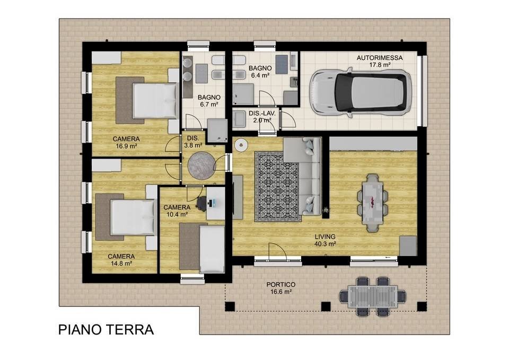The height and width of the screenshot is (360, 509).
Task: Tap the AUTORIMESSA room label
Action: coord(379,58)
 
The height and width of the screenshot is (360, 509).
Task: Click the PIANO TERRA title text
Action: coord(106,330)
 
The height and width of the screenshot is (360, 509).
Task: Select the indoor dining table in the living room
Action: coord(373,200)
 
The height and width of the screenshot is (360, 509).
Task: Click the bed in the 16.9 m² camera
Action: coord(154,101)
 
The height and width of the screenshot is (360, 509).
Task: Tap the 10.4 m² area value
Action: coord(177,214)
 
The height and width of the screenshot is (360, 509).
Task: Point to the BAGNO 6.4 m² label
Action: coord(260,72)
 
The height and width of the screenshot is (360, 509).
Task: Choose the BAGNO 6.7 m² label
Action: coord(208,101)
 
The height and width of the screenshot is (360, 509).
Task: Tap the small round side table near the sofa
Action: coord(241,144)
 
